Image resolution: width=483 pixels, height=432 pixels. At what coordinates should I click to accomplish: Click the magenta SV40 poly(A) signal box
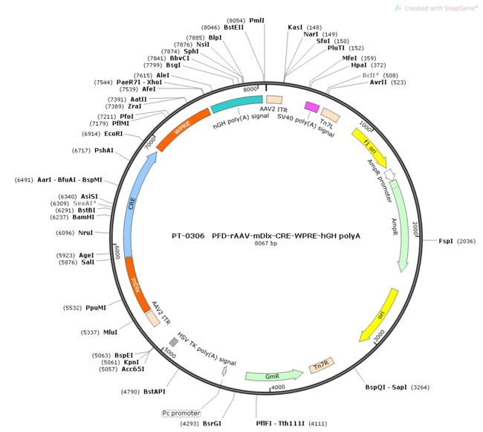click(312, 106)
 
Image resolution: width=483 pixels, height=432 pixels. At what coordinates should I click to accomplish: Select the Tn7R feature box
click(322, 365)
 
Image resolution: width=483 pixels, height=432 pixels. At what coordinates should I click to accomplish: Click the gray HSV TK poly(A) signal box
click(174, 341)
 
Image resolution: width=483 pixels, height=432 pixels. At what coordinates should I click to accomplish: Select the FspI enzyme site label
click(447, 241)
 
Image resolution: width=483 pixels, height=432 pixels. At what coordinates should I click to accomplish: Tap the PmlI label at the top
click(258, 21)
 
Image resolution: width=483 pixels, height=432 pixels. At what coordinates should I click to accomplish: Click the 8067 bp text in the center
click(265, 243)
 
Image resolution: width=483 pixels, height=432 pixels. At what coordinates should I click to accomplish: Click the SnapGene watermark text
click(441, 7)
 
